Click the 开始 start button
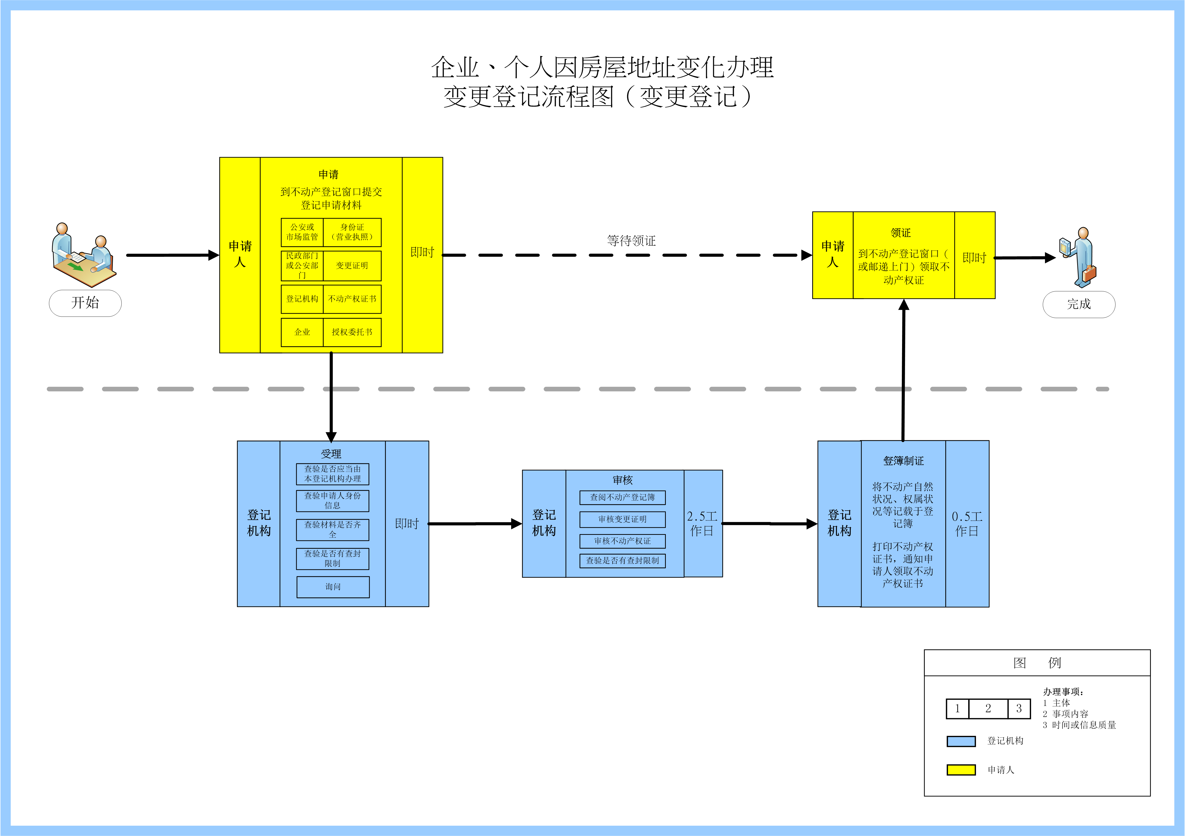pyautogui.click(x=85, y=303)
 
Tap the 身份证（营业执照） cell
pyautogui.click(x=352, y=232)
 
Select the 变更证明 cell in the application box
pyautogui.click(x=352, y=266)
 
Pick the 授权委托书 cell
pyautogui.click(x=352, y=332)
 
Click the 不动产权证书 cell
pyautogui.click(x=352, y=299)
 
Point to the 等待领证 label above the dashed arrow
pyautogui.click(x=631, y=241)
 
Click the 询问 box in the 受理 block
pyautogui.click(x=333, y=587)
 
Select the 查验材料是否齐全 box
pyautogui.click(x=333, y=529)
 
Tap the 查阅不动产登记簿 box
pyautogui.click(x=622, y=497)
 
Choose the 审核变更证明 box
pyautogui.click(x=622, y=519)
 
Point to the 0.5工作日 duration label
pyautogui.click(x=967, y=524)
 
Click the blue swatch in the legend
pyautogui.click(x=961, y=741)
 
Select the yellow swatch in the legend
pyautogui.click(x=961, y=770)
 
